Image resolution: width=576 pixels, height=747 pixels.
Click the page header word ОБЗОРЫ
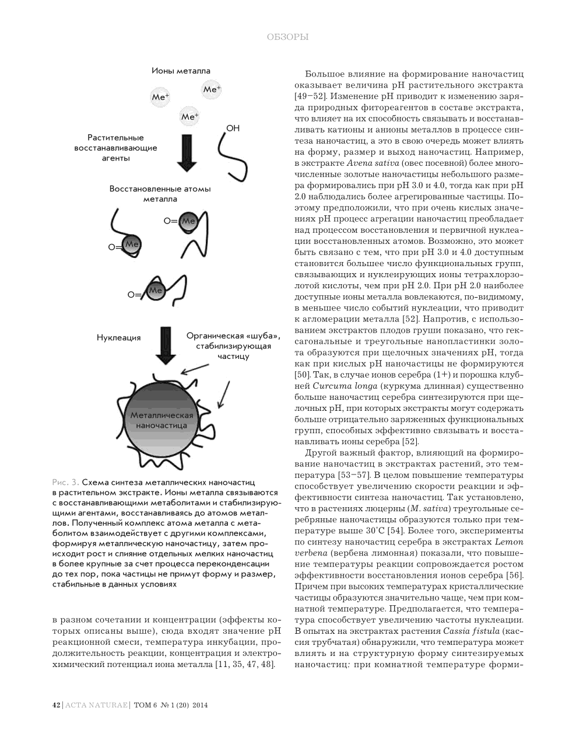point(287,37)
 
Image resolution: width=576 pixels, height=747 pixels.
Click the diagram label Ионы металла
point(181,71)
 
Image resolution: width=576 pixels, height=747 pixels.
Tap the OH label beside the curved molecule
point(233,128)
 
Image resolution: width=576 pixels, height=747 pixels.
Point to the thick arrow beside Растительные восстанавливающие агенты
point(187,153)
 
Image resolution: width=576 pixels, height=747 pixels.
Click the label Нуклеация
point(118,337)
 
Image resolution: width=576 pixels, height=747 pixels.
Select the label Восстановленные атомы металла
point(160,194)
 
